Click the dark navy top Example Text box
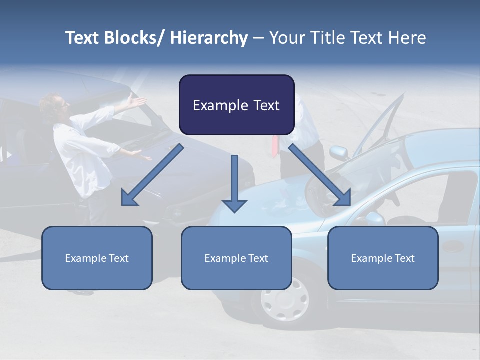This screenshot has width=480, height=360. point(236,105)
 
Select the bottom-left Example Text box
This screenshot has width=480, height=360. point(97,258)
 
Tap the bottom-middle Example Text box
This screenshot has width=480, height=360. point(236,258)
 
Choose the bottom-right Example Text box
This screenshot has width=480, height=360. point(383,258)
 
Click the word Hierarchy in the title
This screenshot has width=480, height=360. point(209,38)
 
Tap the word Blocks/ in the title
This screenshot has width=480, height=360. point(136,38)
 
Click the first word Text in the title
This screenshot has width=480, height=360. point(82,38)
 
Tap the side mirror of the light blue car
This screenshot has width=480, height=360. point(339,152)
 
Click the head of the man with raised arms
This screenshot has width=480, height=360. point(57,104)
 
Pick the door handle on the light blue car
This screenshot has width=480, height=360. point(453,246)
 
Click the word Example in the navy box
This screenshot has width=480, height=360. point(213,105)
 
